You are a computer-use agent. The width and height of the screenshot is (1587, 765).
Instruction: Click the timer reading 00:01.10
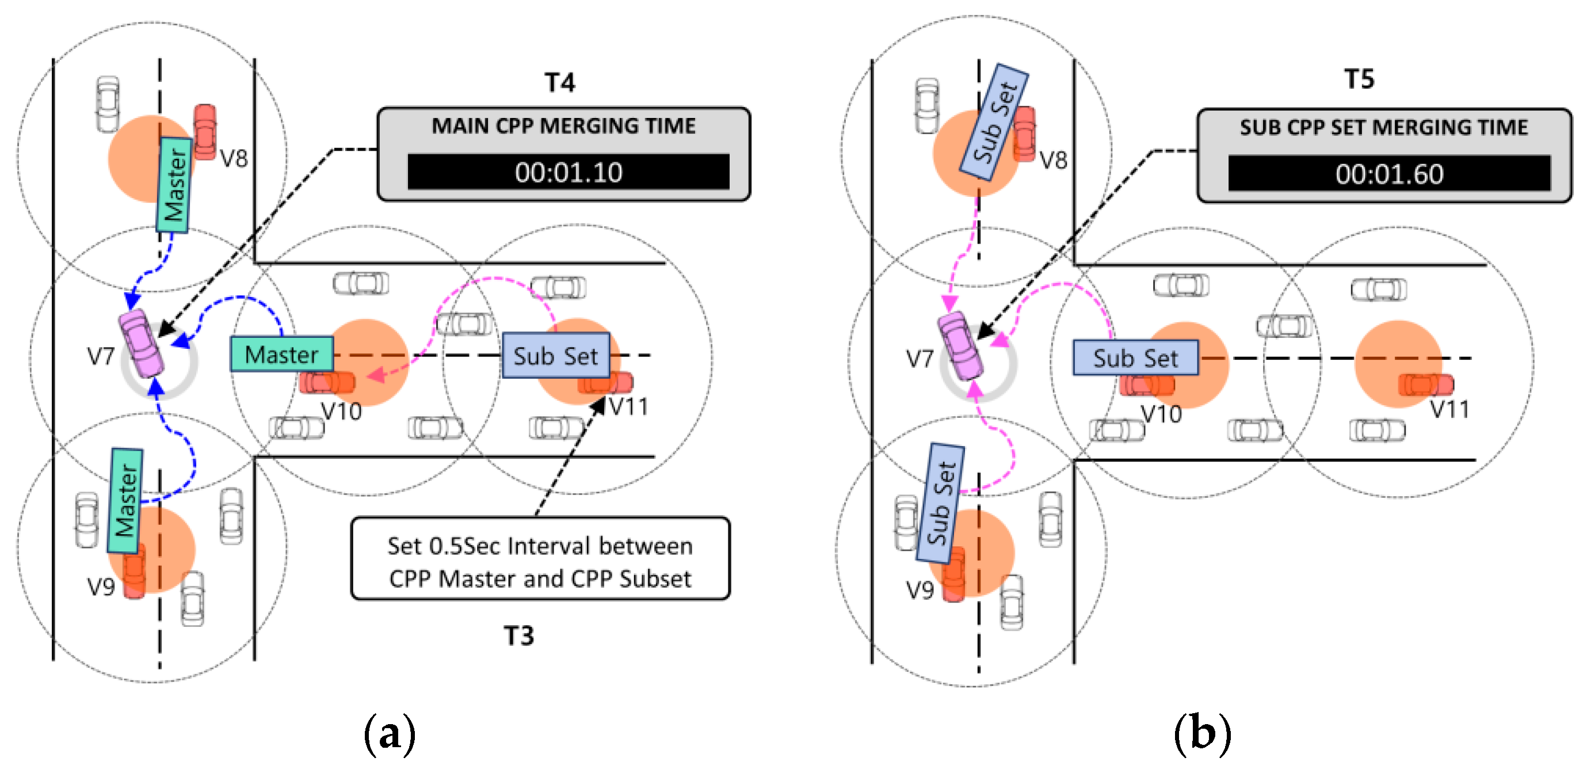click(568, 172)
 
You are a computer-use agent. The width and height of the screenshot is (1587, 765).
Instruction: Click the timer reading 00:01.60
click(1388, 174)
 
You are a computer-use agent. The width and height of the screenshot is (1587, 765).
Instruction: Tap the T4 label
click(559, 83)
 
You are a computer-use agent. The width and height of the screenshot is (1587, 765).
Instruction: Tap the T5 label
click(1359, 79)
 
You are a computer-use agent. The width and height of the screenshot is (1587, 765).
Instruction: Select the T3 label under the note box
click(518, 635)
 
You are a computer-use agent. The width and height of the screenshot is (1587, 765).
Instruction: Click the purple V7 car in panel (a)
click(142, 342)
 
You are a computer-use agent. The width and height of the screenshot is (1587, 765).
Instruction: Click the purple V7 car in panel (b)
click(960, 346)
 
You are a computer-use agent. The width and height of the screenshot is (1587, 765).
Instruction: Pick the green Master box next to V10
click(281, 355)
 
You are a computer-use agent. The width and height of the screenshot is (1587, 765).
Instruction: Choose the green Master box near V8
click(174, 185)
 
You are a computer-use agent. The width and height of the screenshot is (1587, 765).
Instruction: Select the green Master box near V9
click(125, 501)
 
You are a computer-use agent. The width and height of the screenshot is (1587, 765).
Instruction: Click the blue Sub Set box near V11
click(556, 356)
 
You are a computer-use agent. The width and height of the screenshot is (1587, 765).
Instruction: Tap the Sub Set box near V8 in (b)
click(994, 122)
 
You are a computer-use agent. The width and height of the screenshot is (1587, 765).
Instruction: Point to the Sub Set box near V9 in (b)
click(940, 503)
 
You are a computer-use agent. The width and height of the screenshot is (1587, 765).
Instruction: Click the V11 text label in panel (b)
click(1449, 409)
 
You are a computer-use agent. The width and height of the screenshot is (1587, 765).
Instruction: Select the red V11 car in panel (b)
click(1425, 385)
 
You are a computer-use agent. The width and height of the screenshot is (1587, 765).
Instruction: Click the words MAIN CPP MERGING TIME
click(563, 127)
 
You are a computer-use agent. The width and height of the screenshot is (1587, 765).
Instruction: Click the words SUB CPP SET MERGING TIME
click(1384, 128)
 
